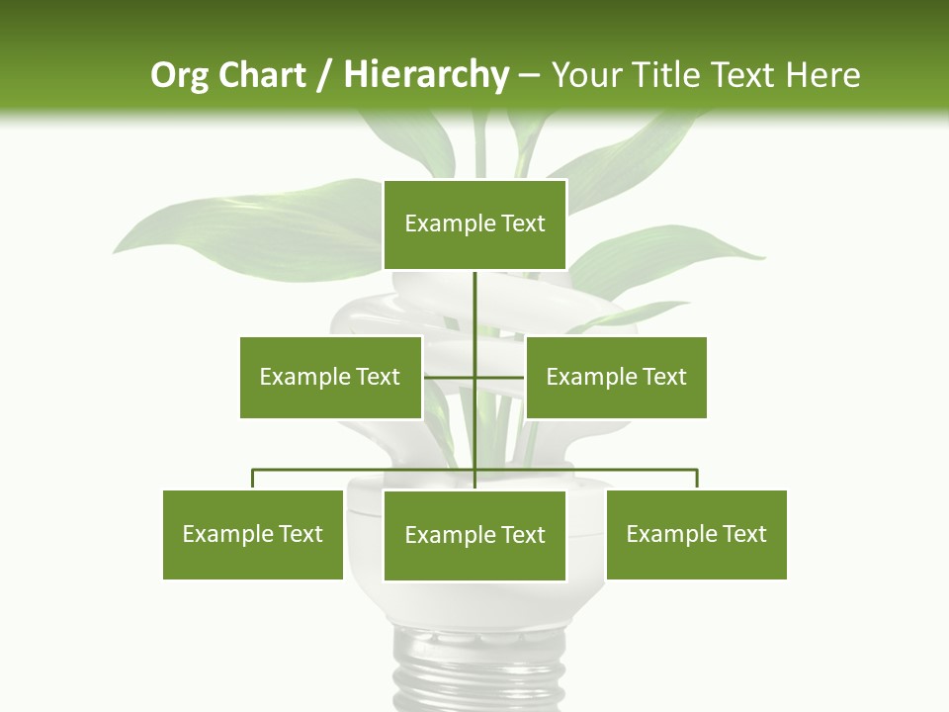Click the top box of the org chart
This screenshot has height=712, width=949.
tap(474, 224)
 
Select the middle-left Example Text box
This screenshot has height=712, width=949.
tap(330, 377)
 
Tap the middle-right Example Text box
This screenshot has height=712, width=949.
tap(616, 377)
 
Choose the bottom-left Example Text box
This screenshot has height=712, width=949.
tap(253, 534)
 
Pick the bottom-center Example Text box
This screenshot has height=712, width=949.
tap(474, 535)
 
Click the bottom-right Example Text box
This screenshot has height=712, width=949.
tap(696, 534)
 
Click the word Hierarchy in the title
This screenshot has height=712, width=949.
tap(425, 75)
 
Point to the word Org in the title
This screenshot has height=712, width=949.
tap(179, 75)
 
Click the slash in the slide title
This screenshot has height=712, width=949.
tap(324, 75)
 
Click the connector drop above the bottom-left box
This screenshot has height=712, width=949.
tap(253, 479)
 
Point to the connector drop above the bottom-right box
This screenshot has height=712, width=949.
tap(697, 479)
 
